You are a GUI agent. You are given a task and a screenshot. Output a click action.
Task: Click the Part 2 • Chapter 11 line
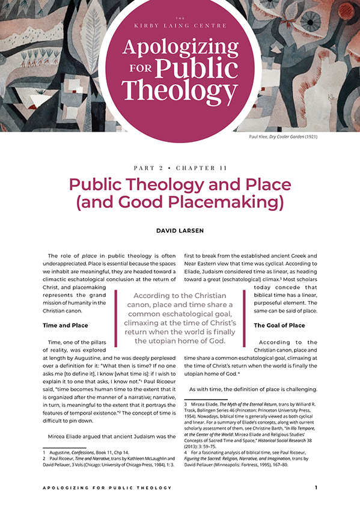pyautogui.click(x=179, y=168)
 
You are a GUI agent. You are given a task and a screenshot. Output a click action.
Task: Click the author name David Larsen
pyautogui.click(x=180, y=230)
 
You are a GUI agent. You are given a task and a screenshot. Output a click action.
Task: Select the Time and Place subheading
pyautogui.click(x=66, y=325)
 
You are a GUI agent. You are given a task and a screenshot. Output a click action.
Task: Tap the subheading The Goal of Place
pyautogui.click(x=279, y=325)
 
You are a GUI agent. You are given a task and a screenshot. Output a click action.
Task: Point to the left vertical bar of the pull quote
pyautogui.click(x=115, y=318)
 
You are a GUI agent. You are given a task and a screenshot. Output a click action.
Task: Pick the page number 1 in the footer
pyautogui.click(x=316, y=487)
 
